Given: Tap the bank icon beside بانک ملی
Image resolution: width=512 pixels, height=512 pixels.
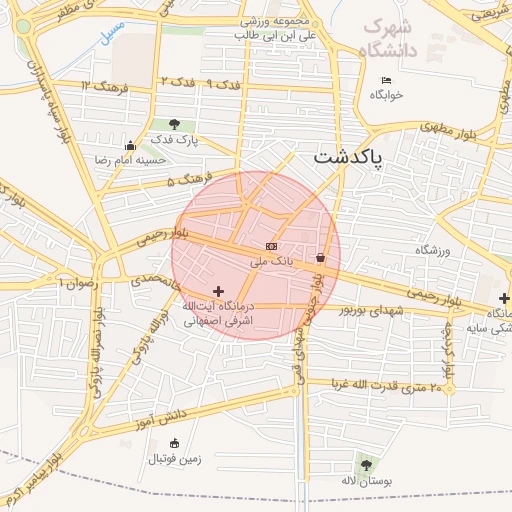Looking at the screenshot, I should (270, 245).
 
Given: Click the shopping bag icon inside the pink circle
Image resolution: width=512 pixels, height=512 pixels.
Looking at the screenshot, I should (320, 258).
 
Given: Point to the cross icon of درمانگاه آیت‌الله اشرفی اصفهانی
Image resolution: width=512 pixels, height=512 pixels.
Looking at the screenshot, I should (220, 291).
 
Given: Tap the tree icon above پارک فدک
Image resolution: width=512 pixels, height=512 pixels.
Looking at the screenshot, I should (175, 124).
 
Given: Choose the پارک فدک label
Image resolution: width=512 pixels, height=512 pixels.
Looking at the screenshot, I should (177, 140).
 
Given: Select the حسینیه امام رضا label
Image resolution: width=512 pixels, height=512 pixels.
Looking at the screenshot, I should (129, 160).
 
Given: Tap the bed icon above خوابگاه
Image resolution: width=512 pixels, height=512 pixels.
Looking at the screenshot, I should (386, 81).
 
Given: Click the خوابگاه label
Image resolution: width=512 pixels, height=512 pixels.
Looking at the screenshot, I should (386, 95).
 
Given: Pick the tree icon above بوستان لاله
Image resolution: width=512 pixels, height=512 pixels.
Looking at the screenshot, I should (366, 465).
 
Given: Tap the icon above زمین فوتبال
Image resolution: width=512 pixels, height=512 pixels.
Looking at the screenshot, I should (175, 443).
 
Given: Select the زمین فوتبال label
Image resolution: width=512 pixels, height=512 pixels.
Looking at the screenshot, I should (175, 460).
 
